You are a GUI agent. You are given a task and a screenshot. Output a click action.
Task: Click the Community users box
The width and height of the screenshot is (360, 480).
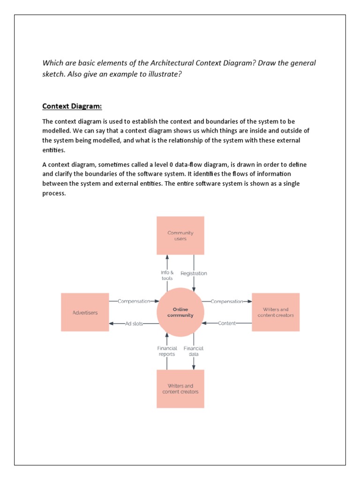[x=180, y=236]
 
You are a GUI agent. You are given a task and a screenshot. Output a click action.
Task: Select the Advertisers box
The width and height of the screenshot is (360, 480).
[x=85, y=312]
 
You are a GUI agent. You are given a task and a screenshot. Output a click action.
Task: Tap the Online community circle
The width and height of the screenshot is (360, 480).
[x=180, y=312]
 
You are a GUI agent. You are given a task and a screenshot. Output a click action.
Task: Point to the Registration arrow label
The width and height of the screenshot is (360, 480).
[x=194, y=273]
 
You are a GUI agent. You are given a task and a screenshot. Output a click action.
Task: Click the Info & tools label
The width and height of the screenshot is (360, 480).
[x=167, y=275]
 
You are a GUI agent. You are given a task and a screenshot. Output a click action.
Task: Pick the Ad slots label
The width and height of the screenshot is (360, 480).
[x=134, y=323]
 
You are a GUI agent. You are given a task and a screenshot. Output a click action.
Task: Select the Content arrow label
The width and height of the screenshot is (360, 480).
[x=227, y=323]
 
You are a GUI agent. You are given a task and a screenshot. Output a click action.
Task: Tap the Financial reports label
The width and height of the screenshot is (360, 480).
[x=167, y=351]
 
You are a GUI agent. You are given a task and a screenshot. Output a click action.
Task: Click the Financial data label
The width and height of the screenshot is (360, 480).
[x=193, y=351]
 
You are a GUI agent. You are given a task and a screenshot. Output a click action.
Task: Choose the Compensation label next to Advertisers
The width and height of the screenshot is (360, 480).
[x=134, y=301]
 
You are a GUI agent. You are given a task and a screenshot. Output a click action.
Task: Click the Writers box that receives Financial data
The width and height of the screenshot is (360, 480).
[x=180, y=389]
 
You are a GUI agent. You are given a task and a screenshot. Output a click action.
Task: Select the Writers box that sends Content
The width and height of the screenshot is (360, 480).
[x=276, y=312]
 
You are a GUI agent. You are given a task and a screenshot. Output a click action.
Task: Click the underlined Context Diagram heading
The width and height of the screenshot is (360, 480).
[x=72, y=106]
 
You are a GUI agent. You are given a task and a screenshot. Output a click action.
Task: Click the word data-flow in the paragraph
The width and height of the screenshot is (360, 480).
[x=188, y=165]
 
